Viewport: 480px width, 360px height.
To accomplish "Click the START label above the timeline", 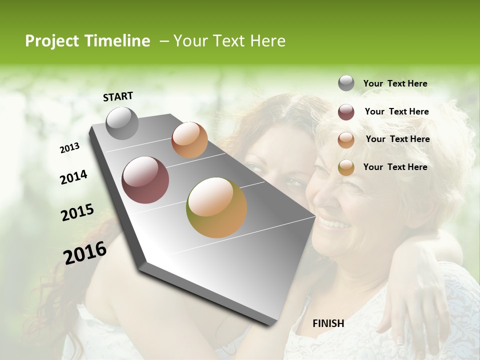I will (118, 96).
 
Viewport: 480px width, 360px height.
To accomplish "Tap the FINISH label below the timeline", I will (328, 323).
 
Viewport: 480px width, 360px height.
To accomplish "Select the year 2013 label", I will (69, 148).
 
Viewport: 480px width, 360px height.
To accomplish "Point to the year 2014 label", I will (73, 177).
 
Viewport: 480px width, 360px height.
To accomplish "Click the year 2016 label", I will (84, 252).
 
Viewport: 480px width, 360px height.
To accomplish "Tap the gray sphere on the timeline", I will (122, 123).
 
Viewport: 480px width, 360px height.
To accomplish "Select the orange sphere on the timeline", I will (189, 140).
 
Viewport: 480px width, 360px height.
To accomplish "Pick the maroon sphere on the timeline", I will (145, 180).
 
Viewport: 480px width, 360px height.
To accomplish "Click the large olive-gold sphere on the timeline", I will (216, 207).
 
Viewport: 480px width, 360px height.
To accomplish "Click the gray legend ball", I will (346, 83).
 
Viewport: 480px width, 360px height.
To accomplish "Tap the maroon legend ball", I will (346, 112).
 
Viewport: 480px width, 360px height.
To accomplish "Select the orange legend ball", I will (346, 139).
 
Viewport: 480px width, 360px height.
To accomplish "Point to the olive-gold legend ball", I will (346, 167).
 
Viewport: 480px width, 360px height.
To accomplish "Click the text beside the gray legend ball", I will (395, 83).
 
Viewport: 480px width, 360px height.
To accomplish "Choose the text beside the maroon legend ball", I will (396, 111).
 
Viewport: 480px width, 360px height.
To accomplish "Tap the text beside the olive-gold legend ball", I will (395, 167).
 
